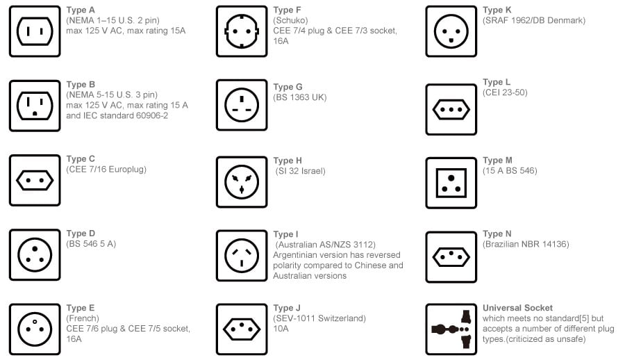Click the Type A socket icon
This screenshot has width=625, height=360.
pos(35,31)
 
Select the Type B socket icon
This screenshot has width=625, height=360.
pos(35,106)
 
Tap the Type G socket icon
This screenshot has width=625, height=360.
pos(241,105)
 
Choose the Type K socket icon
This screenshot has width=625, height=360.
pos(451,31)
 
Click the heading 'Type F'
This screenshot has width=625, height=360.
pos(287,10)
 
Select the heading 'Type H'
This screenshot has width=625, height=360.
pos(287,161)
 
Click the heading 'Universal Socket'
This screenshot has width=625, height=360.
pos(517,308)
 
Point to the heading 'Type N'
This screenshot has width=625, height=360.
pos(497,234)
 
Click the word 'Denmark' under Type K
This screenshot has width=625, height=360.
pos(566,20)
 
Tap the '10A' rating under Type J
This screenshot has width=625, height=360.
pos(281,329)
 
